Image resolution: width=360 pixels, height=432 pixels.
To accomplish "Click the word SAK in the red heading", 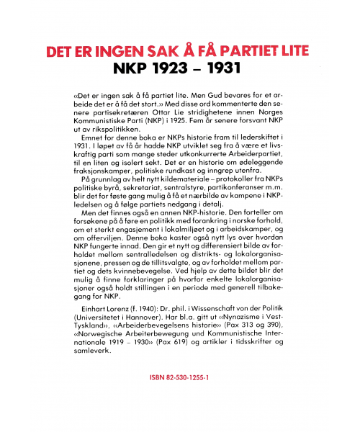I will click(x=153, y=52).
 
